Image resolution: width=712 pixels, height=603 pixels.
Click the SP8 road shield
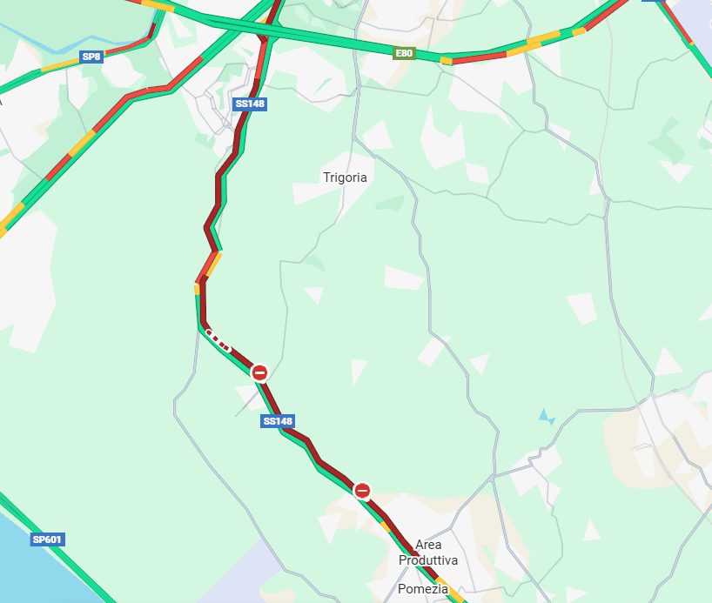[91, 57]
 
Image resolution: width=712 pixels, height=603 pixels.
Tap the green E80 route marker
[404, 54]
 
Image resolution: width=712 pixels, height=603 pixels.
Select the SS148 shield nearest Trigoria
[251, 104]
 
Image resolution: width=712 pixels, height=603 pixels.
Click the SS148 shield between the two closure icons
[278, 421]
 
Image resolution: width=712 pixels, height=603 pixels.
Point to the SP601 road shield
[47, 539]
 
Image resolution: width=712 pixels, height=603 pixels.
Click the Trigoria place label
[345, 178]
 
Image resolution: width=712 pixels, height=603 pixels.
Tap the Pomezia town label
[422, 590]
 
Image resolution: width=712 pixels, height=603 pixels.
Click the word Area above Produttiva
[428, 545]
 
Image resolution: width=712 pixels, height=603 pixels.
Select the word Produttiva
[428, 560]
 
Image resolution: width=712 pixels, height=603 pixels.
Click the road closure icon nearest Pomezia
[363, 491]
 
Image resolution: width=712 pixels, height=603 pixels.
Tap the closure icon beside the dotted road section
[259, 373]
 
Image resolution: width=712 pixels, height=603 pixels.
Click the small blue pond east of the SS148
[546, 416]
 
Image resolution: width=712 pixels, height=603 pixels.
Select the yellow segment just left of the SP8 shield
[59, 64]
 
